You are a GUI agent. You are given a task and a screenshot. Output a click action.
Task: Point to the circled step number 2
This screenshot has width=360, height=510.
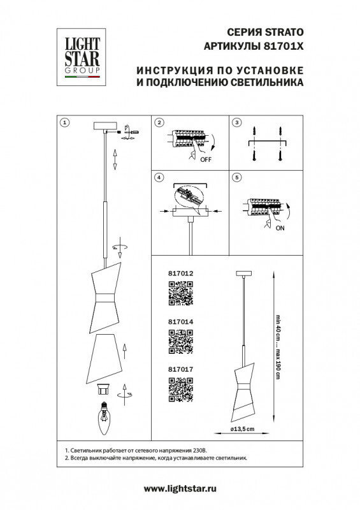click(160, 122)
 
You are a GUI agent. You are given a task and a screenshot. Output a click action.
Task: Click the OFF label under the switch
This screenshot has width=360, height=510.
click(205, 160)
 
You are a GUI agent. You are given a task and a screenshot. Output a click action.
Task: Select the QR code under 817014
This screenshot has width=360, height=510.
click(180, 342)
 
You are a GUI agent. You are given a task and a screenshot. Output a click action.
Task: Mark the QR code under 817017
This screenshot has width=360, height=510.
click(180, 390)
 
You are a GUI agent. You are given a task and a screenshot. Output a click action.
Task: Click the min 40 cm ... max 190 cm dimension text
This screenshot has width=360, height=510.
click(278, 347)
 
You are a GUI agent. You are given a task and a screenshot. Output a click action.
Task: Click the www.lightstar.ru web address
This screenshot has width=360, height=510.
click(180, 488)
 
